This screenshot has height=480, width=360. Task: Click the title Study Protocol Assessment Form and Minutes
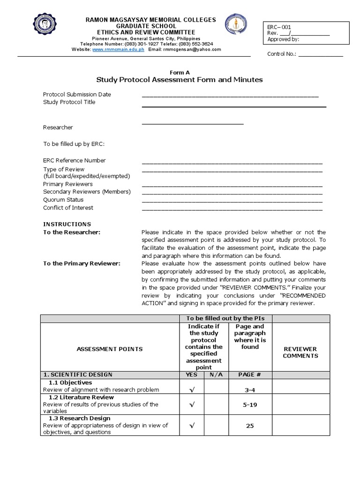click(x=180, y=80)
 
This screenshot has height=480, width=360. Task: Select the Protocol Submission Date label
click(x=77, y=94)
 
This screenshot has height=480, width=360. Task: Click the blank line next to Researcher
click(x=193, y=123)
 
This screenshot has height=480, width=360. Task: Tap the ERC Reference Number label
click(x=75, y=160)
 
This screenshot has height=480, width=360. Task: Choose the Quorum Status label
click(x=63, y=200)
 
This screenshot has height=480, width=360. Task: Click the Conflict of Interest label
click(x=68, y=208)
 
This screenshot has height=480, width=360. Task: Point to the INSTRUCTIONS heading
click(x=67, y=224)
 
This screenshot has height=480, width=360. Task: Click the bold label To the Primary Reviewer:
click(x=82, y=263)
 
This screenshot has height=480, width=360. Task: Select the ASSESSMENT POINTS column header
click(x=110, y=349)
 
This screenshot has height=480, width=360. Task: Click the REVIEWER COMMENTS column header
click(x=300, y=352)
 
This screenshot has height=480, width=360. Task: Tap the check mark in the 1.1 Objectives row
click(x=191, y=389)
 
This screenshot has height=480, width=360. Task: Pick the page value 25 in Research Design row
click(x=249, y=426)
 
